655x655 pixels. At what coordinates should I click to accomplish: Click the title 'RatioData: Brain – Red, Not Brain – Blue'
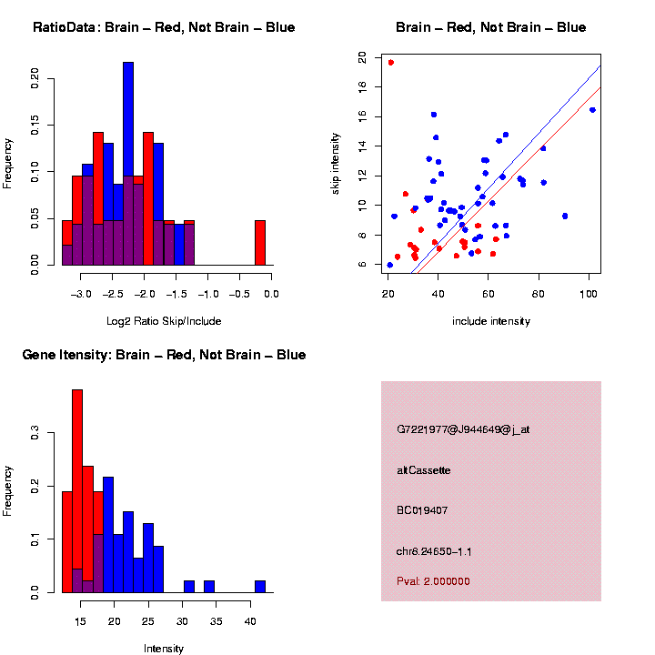(x=164, y=27)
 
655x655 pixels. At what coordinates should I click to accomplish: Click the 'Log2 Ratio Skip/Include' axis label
(x=164, y=320)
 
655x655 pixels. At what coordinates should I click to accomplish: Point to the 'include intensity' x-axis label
(x=490, y=321)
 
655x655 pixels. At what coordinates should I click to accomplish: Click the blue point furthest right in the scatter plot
(x=592, y=110)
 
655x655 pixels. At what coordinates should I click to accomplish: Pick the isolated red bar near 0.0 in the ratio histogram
(x=260, y=243)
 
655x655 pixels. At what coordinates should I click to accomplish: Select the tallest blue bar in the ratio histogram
(x=128, y=164)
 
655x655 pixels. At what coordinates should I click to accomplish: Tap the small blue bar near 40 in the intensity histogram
(x=260, y=587)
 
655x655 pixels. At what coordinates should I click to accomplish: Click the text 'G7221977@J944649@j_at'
(x=463, y=429)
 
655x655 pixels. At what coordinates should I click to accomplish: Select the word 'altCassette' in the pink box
(x=424, y=470)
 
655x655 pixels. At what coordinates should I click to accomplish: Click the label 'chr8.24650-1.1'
(x=434, y=551)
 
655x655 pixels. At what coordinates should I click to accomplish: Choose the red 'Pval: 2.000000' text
(x=433, y=580)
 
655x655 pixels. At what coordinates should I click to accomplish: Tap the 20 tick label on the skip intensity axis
(x=363, y=57)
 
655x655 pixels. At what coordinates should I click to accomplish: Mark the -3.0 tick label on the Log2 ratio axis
(x=82, y=295)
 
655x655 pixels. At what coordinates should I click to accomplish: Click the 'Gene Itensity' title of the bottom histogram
(x=164, y=355)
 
